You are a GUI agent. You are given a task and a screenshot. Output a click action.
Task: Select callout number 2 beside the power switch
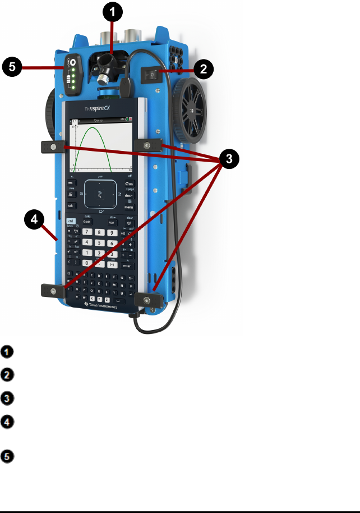[203, 69]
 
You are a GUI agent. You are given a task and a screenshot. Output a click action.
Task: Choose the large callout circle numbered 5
[12, 67]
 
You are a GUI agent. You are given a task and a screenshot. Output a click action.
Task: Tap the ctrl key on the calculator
[72, 222]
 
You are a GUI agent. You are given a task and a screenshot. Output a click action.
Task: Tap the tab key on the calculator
[71, 206]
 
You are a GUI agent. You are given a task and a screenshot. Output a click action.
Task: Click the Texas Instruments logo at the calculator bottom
[104, 306]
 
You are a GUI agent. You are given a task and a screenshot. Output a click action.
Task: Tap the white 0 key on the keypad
[86, 263]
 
